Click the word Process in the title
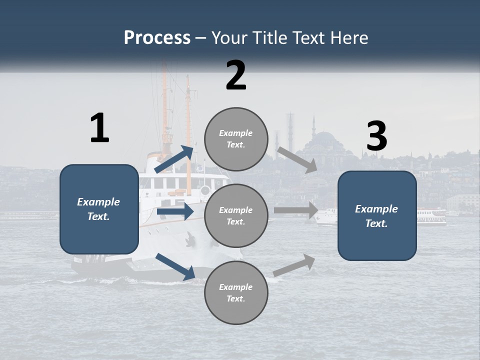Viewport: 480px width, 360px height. [157, 38]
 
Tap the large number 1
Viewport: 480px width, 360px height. [99, 128]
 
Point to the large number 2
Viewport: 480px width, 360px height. [236, 75]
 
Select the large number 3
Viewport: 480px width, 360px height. [376, 137]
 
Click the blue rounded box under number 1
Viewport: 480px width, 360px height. [99, 209]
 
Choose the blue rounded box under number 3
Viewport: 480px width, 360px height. [377, 216]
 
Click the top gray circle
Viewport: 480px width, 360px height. [236, 139]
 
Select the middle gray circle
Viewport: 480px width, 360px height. [236, 216]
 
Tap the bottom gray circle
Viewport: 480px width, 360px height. [236, 293]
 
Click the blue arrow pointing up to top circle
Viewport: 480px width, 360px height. [174, 159]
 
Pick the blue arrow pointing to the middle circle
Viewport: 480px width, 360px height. [175, 212]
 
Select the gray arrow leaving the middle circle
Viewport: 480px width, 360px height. [296, 210]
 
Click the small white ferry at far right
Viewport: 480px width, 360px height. [431, 216]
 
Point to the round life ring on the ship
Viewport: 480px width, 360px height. [205, 190]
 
